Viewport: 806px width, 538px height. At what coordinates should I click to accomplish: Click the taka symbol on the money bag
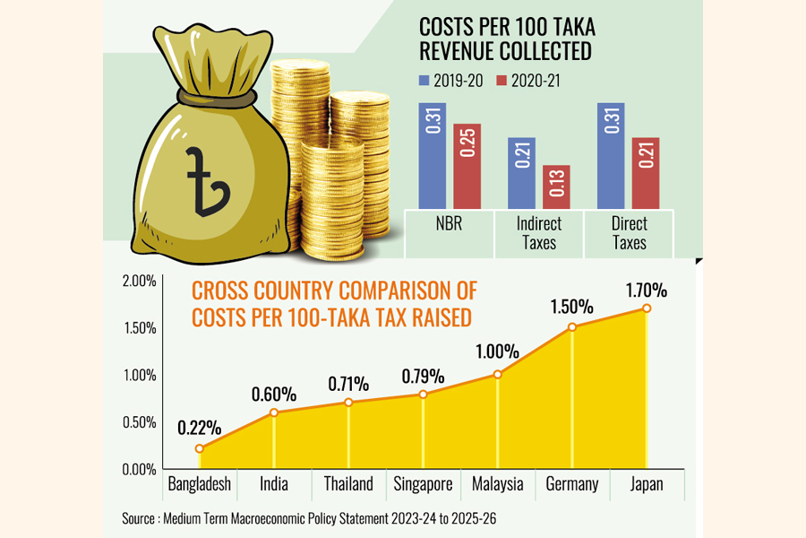pos(203,179)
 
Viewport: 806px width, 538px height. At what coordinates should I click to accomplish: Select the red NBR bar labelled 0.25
pos(467,166)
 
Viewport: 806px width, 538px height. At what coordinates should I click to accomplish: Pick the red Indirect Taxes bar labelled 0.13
pos(555,187)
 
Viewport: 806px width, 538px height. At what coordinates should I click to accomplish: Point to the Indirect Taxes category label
pos(538,233)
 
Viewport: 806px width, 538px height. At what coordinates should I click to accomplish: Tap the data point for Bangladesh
pos(199,448)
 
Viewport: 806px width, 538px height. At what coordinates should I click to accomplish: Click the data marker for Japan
pos(647,308)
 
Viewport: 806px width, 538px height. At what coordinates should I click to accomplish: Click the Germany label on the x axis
pos(571,484)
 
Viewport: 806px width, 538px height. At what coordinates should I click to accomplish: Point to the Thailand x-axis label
pos(347,484)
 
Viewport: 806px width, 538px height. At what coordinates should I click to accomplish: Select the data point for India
pos(274,412)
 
